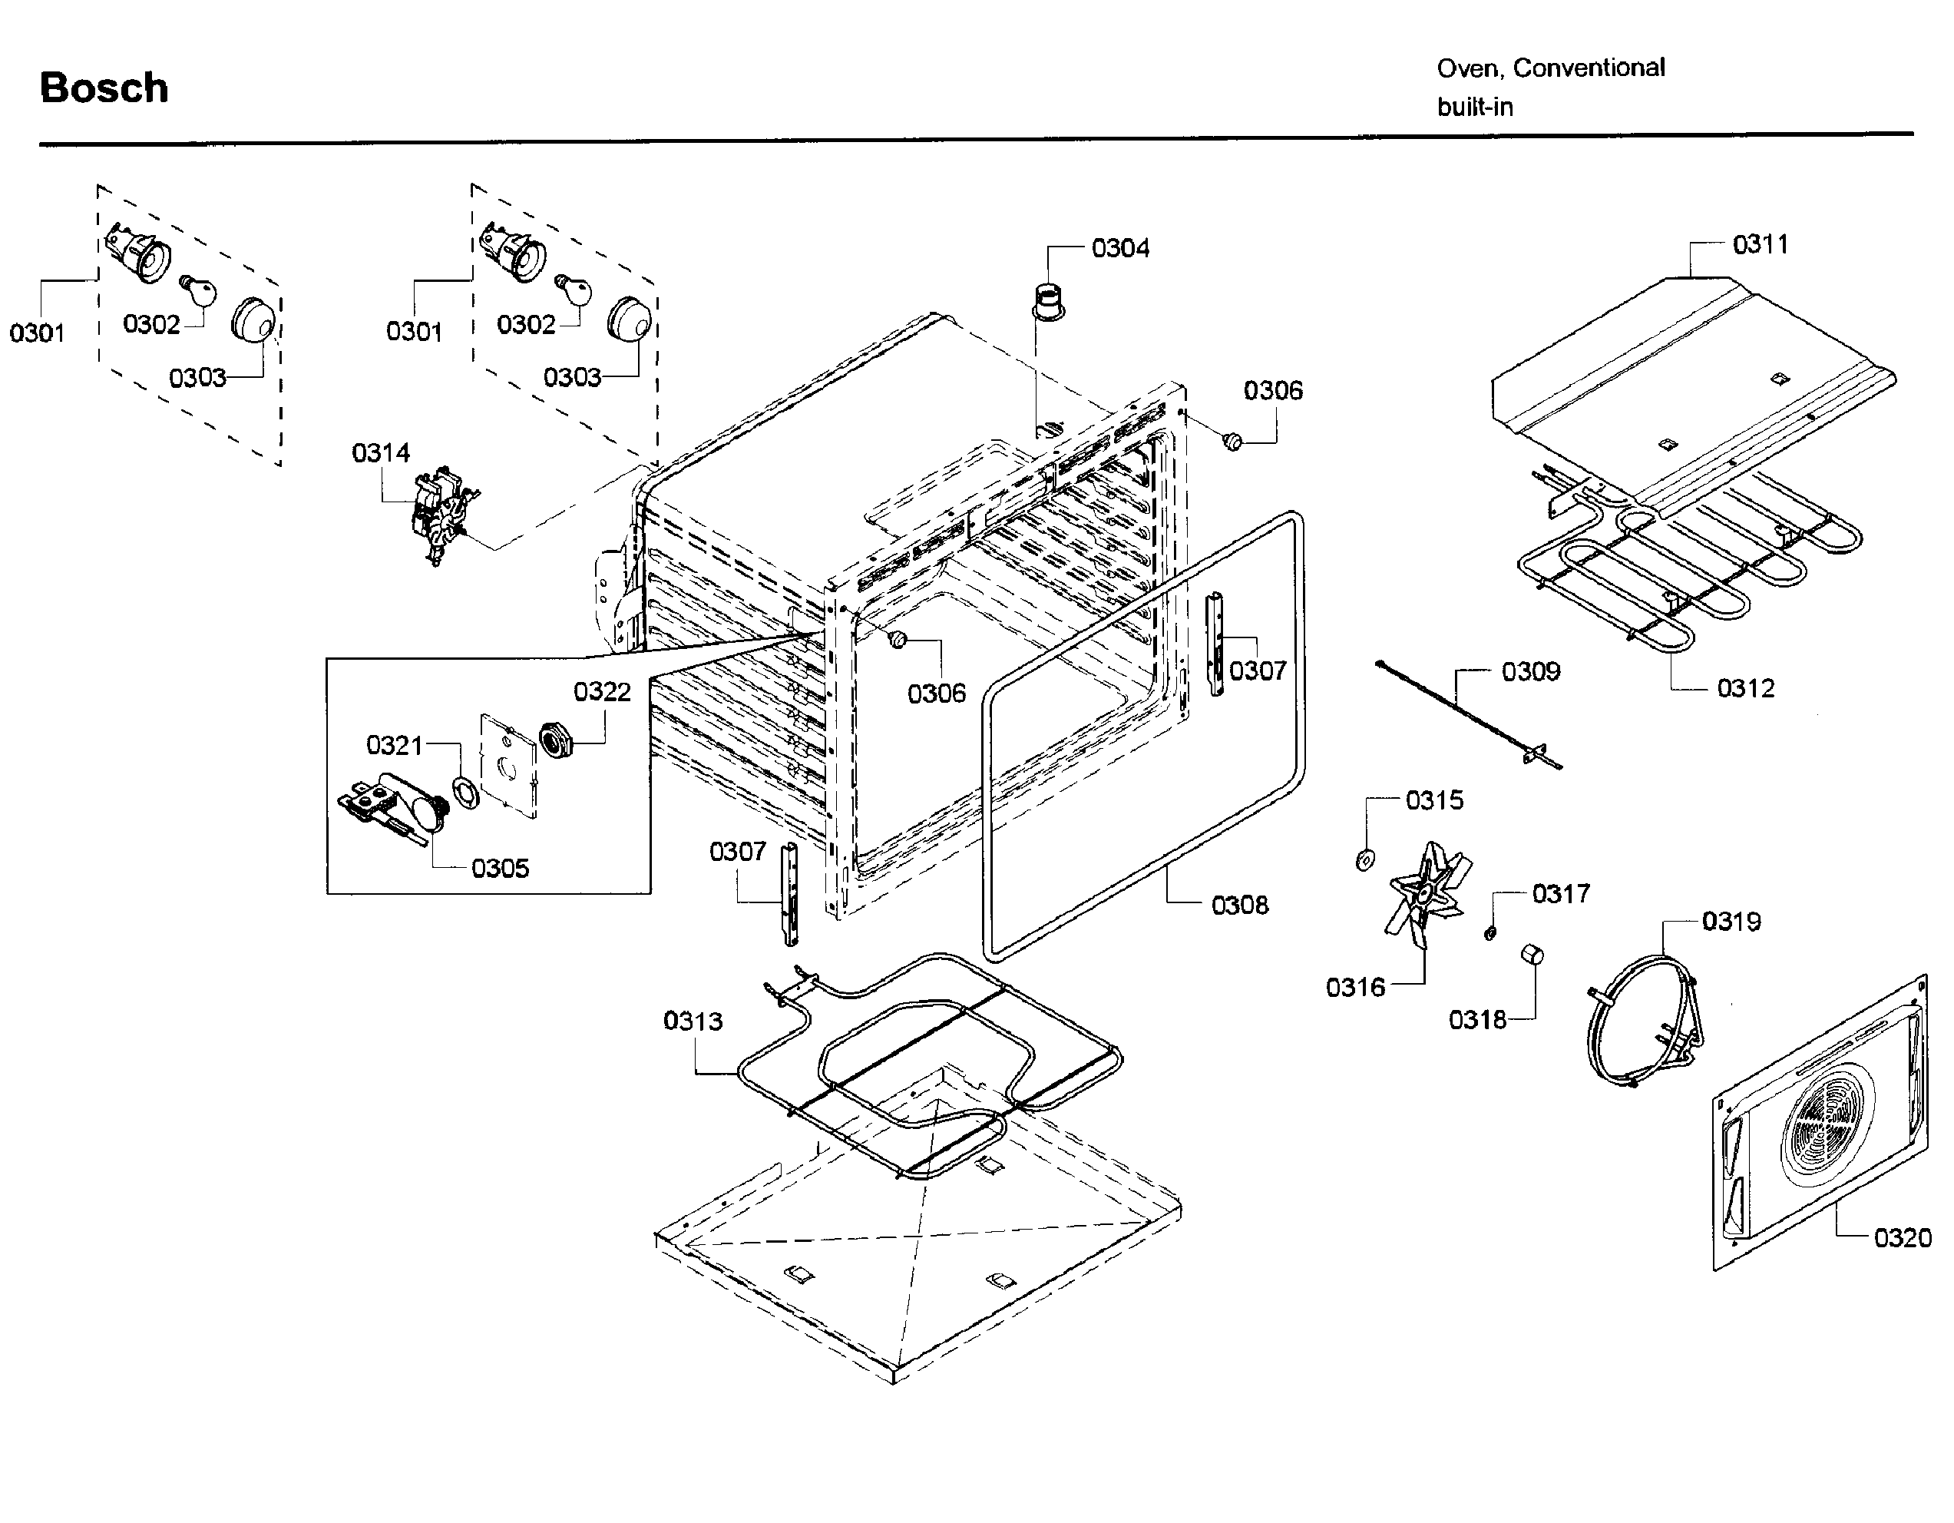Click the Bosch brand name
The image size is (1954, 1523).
click(104, 88)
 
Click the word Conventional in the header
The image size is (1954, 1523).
click(1589, 68)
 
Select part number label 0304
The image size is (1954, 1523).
click(1120, 248)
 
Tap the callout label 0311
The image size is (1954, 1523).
click(1760, 244)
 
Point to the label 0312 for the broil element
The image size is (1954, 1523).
click(1745, 688)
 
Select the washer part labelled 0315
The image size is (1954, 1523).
click(1365, 860)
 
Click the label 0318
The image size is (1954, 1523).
click(1477, 1019)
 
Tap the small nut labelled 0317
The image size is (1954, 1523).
click(1489, 933)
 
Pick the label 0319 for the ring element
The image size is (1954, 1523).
click(1731, 921)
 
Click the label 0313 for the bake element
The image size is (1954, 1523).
click(693, 1021)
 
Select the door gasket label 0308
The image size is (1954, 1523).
click(1239, 906)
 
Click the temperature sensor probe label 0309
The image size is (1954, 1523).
click(1531, 672)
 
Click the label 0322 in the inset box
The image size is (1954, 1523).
click(602, 692)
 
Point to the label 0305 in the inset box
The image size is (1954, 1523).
click(500, 868)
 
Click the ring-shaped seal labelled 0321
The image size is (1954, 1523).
click(465, 792)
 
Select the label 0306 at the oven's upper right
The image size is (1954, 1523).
click(1272, 390)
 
